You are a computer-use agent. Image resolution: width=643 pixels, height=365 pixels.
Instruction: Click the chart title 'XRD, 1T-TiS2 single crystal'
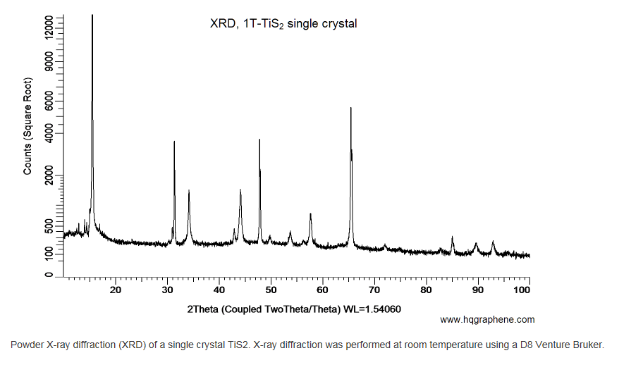[283, 24]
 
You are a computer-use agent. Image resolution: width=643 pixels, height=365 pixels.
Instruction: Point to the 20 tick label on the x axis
[116, 290]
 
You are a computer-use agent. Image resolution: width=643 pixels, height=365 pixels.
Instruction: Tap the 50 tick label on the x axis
[271, 290]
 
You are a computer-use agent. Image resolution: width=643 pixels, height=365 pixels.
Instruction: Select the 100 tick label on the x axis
[522, 290]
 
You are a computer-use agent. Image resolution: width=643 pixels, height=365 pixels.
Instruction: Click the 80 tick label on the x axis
[426, 290]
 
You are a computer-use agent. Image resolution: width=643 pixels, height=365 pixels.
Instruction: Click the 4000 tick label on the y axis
[48, 133]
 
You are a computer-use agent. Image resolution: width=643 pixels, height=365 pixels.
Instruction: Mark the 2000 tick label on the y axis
[48, 175]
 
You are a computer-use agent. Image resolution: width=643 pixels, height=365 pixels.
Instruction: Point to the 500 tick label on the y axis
[48, 227]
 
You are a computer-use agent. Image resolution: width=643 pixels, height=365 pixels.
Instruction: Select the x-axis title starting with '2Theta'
[294, 309]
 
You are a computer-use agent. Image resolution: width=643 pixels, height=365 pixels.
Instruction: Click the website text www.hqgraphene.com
[487, 320]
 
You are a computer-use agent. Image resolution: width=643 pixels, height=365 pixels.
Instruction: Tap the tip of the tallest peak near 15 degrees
[92, 16]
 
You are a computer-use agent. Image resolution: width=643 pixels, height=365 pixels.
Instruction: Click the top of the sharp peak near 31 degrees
[174, 142]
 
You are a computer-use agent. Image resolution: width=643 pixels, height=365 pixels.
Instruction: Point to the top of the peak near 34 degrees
[189, 191]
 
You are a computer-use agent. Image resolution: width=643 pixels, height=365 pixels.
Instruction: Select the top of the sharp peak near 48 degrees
[259, 140]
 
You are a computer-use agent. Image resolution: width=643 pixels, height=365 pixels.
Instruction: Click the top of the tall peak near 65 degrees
[351, 108]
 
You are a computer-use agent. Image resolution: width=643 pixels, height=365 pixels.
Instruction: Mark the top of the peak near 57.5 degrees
[310, 214]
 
